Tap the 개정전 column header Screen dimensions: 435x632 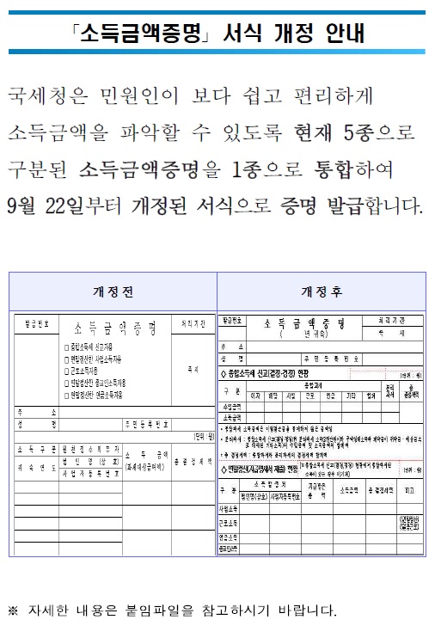(x=112, y=291)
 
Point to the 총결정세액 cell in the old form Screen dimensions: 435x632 (x=190, y=459)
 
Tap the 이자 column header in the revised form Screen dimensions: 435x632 (x=255, y=396)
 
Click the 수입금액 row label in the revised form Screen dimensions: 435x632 (x=231, y=407)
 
